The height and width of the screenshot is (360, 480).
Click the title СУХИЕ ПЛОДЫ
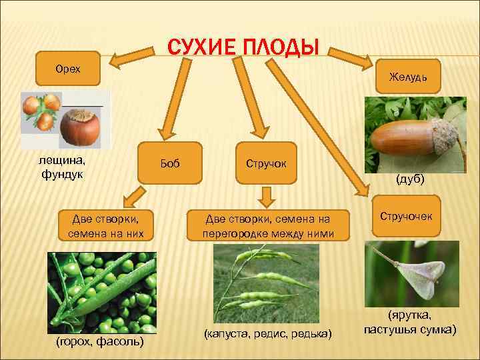point(243,47)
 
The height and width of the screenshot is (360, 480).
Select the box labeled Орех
point(68,70)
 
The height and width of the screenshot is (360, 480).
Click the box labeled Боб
point(171,163)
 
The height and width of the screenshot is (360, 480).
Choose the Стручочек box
point(406,216)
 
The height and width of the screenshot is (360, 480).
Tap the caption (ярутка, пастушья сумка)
point(410,324)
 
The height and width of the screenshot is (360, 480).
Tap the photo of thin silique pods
point(266,280)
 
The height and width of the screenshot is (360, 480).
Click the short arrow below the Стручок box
point(267,196)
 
